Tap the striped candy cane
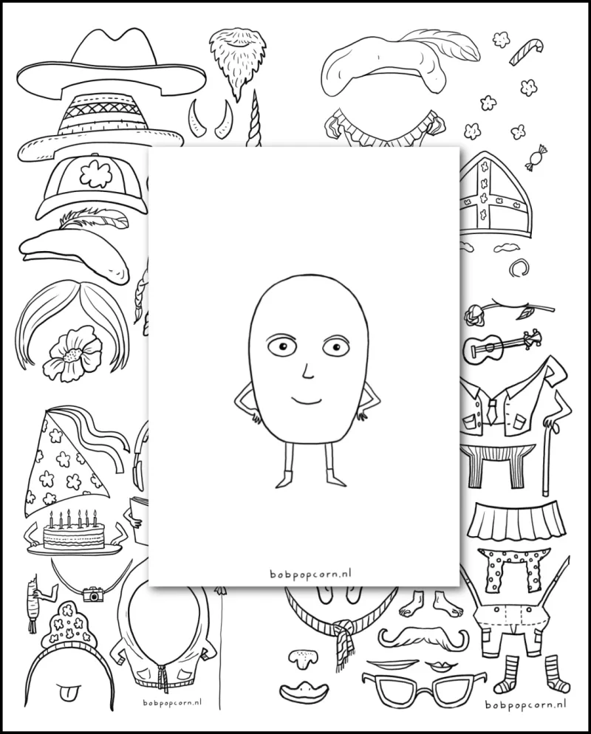point(525,51)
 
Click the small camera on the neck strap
point(93,594)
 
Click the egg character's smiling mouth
point(307,400)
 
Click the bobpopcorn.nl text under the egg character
point(311,573)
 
